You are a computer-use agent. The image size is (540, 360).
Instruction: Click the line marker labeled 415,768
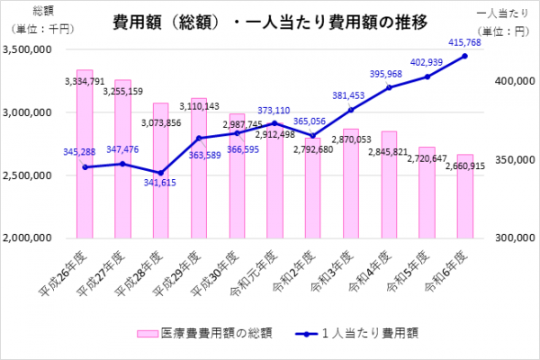(464, 56)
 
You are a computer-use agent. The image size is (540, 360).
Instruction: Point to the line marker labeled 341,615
(160, 173)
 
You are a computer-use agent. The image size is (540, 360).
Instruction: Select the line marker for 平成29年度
(199, 138)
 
